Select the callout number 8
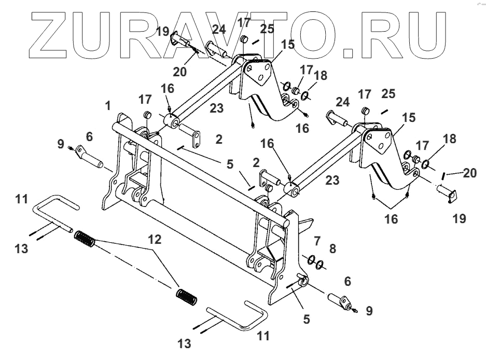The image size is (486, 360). (x=332, y=249)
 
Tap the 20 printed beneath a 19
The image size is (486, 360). (x=179, y=72)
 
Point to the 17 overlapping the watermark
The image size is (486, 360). (x=244, y=22)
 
